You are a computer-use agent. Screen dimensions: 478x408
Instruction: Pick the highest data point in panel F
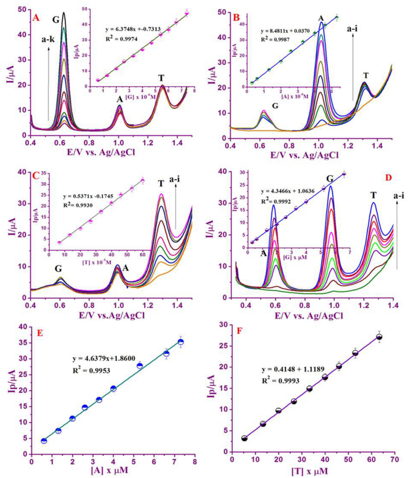(379, 337)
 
